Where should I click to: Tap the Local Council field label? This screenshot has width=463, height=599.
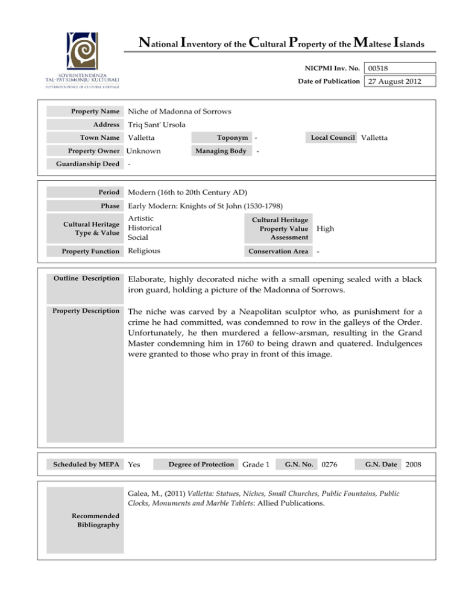click(x=333, y=138)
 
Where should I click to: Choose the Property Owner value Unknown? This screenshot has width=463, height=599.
click(x=148, y=151)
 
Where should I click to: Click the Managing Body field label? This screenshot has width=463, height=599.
click(x=221, y=151)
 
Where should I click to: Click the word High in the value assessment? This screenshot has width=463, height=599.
click(x=326, y=230)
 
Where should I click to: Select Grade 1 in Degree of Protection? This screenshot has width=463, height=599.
click(x=256, y=465)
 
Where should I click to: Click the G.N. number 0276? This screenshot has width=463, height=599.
click(x=329, y=465)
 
